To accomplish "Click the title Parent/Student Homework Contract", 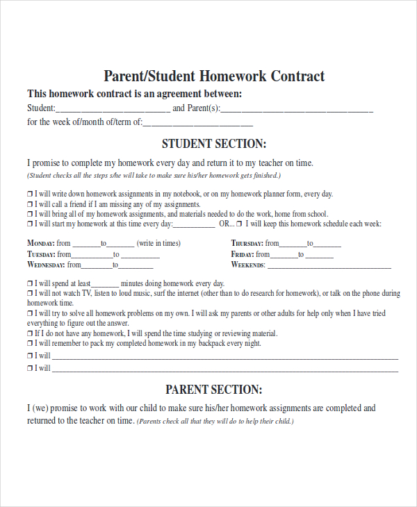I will (214, 76).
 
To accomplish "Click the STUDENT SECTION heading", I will (214, 144).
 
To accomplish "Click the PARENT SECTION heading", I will (214, 390).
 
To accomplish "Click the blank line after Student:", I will (113, 110).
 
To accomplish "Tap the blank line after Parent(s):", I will (297, 110).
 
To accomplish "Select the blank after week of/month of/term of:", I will (198, 124).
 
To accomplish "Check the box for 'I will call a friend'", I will (30, 205).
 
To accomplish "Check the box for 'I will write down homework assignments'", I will (30, 194).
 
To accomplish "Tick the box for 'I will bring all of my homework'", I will (30, 215).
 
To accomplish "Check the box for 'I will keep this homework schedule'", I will (239, 224).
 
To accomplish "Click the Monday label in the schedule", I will (40, 243).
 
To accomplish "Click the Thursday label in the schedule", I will (247, 243).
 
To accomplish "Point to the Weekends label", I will (248, 265).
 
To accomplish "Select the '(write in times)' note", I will (158, 243).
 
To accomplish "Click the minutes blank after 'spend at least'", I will (105, 285).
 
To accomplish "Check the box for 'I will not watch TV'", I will (30, 294).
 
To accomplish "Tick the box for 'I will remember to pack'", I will (30, 343).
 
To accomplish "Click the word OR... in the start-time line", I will (227, 224).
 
